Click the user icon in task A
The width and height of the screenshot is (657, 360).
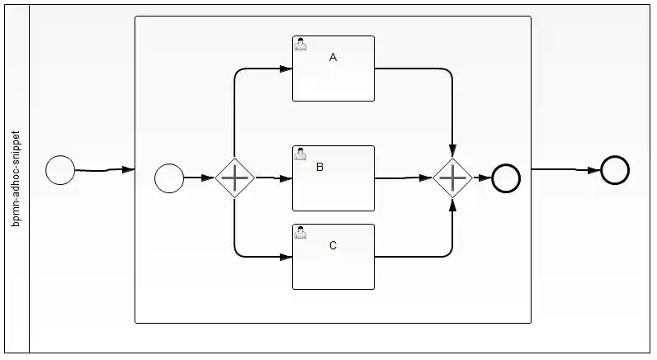[x=301, y=45]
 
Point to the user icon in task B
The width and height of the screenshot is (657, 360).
[x=301, y=154]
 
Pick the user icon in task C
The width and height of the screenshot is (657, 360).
[x=301, y=233]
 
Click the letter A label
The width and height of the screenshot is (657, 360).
[x=333, y=58]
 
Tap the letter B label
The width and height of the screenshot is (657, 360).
[x=319, y=167]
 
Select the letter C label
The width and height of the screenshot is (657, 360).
[x=333, y=245]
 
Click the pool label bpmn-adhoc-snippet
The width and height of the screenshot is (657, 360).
[x=17, y=178]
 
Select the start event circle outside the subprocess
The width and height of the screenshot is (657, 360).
[x=60, y=170]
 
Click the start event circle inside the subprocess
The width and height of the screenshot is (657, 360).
[x=169, y=178]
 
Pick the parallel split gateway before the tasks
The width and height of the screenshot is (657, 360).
[x=235, y=178]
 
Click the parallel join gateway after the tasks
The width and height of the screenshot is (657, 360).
[x=452, y=178]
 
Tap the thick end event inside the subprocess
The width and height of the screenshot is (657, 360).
[x=506, y=178]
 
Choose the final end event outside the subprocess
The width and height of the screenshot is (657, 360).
[x=615, y=170]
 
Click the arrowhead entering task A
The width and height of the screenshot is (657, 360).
[x=286, y=69]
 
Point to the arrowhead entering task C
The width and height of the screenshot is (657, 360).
[x=286, y=257]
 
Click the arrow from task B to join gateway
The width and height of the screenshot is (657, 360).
[x=404, y=178]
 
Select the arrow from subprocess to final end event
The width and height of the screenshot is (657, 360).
[x=565, y=170]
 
